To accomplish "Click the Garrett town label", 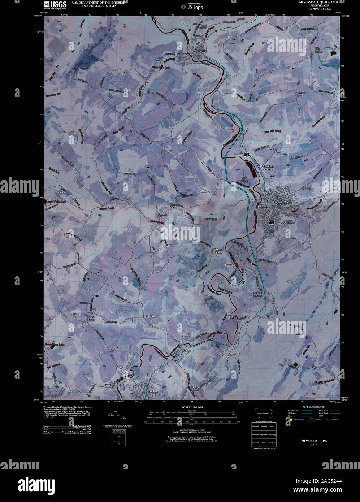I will pyautogui.click(x=202, y=51).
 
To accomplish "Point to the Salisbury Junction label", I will pyautogui.click(x=268, y=167).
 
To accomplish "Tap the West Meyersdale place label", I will pyautogui.click(x=264, y=205).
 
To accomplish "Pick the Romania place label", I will pyautogui.click(x=229, y=265).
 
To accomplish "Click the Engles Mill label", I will pyautogui.click(x=195, y=388).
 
